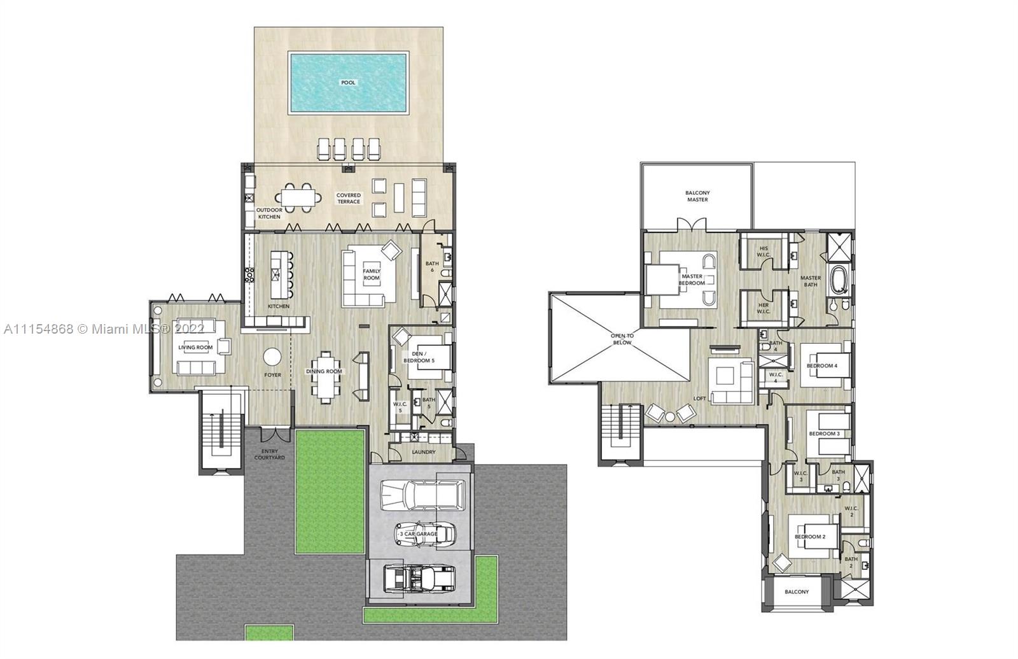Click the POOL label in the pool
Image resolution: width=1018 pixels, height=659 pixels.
point(348,83)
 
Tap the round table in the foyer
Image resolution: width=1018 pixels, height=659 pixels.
point(272,357)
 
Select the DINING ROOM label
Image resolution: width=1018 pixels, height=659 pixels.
point(324,371)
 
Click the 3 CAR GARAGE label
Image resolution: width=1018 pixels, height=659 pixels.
point(419,534)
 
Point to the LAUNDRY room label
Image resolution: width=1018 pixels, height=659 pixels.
point(424,452)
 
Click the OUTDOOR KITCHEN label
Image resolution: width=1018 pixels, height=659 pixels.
point(269,213)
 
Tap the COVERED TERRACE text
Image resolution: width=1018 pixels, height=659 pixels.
point(349,199)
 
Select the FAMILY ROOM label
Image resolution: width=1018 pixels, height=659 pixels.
point(372,274)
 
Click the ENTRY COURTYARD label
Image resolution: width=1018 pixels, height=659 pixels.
point(270,455)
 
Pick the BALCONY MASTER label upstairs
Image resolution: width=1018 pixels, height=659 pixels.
point(697,196)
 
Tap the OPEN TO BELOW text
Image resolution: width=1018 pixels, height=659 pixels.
point(622,339)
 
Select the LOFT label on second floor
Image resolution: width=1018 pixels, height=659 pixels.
point(699,399)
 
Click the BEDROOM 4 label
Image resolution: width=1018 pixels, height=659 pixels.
point(821,366)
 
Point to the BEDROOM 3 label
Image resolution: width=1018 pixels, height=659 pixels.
point(824,434)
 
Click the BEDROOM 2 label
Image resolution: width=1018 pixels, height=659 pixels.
point(809,537)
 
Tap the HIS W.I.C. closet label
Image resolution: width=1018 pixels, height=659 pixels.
point(763,252)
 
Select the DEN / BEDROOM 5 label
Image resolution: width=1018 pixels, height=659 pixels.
point(419,357)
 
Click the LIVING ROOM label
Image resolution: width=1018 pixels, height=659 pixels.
point(195,348)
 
